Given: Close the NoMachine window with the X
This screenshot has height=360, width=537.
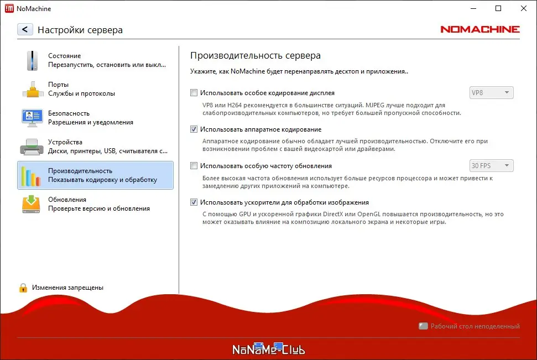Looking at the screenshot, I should click(523, 8).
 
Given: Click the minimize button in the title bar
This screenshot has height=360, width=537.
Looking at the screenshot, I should click(473, 8).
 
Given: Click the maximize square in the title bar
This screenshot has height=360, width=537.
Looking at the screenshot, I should click(498, 8).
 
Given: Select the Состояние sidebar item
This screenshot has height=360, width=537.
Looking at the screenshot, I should click(95, 60).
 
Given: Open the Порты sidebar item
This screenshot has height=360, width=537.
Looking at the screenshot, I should click(95, 88).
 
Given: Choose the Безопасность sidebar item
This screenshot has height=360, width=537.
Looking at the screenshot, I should click(95, 117).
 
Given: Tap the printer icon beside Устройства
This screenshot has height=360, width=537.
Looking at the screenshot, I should click(32, 146).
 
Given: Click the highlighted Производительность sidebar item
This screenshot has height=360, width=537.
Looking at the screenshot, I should click(95, 175).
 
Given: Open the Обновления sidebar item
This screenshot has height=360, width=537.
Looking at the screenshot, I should click(95, 204).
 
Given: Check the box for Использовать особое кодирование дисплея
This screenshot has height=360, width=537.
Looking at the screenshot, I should click(194, 93).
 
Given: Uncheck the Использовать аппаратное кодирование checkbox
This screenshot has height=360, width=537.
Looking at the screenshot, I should click(194, 129).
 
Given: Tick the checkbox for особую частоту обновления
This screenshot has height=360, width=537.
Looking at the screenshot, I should click(194, 166).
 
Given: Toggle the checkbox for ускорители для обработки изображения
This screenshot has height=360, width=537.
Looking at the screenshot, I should click(194, 202).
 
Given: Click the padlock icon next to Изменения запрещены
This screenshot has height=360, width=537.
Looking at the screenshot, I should click(23, 288).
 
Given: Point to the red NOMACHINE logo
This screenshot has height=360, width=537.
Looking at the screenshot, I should click(480, 29).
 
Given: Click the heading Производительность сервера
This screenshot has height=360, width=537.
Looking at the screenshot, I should click(255, 55).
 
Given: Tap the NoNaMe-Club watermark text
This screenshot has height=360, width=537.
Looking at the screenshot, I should click(268, 349).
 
